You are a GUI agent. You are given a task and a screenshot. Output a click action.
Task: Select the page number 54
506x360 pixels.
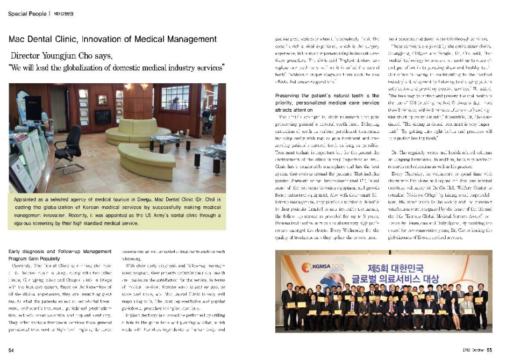(x=11, y=350)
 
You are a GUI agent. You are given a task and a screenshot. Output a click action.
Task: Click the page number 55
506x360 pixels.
(x=489, y=350)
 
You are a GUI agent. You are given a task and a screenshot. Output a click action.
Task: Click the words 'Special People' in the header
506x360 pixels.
(x=27, y=13)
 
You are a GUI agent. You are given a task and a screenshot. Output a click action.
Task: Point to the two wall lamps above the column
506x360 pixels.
(x=134, y=87)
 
